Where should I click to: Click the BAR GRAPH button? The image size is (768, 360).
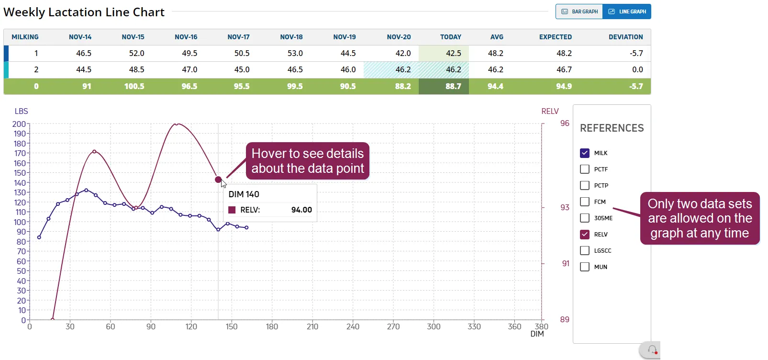click(x=579, y=11)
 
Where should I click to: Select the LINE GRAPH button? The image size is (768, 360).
click(x=627, y=11)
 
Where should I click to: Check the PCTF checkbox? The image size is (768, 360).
click(x=585, y=169)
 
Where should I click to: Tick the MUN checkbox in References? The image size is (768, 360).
click(x=585, y=267)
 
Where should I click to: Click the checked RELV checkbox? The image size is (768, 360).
click(x=585, y=234)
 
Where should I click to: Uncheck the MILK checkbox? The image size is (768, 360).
click(x=585, y=153)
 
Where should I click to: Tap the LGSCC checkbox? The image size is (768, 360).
click(x=585, y=251)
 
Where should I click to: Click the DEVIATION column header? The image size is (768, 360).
click(x=626, y=37)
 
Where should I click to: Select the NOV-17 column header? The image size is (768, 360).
click(x=238, y=37)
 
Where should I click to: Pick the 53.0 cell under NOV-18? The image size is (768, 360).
click(x=295, y=54)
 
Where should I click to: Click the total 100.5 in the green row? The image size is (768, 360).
click(x=134, y=86)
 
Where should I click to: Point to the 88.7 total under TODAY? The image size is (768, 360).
click(x=453, y=86)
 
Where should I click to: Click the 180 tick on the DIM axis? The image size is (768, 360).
click(x=272, y=327)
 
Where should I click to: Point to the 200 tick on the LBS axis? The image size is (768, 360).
click(x=19, y=124)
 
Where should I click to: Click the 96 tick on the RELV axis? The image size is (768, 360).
click(x=565, y=124)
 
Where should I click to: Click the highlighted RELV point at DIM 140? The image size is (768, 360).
click(x=218, y=180)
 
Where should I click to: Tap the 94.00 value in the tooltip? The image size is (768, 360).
click(x=301, y=210)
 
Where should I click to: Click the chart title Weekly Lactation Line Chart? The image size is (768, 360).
click(x=84, y=12)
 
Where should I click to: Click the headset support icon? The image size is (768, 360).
click(x=652, y=350)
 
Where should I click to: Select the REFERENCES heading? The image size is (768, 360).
click(x=612, y=128)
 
